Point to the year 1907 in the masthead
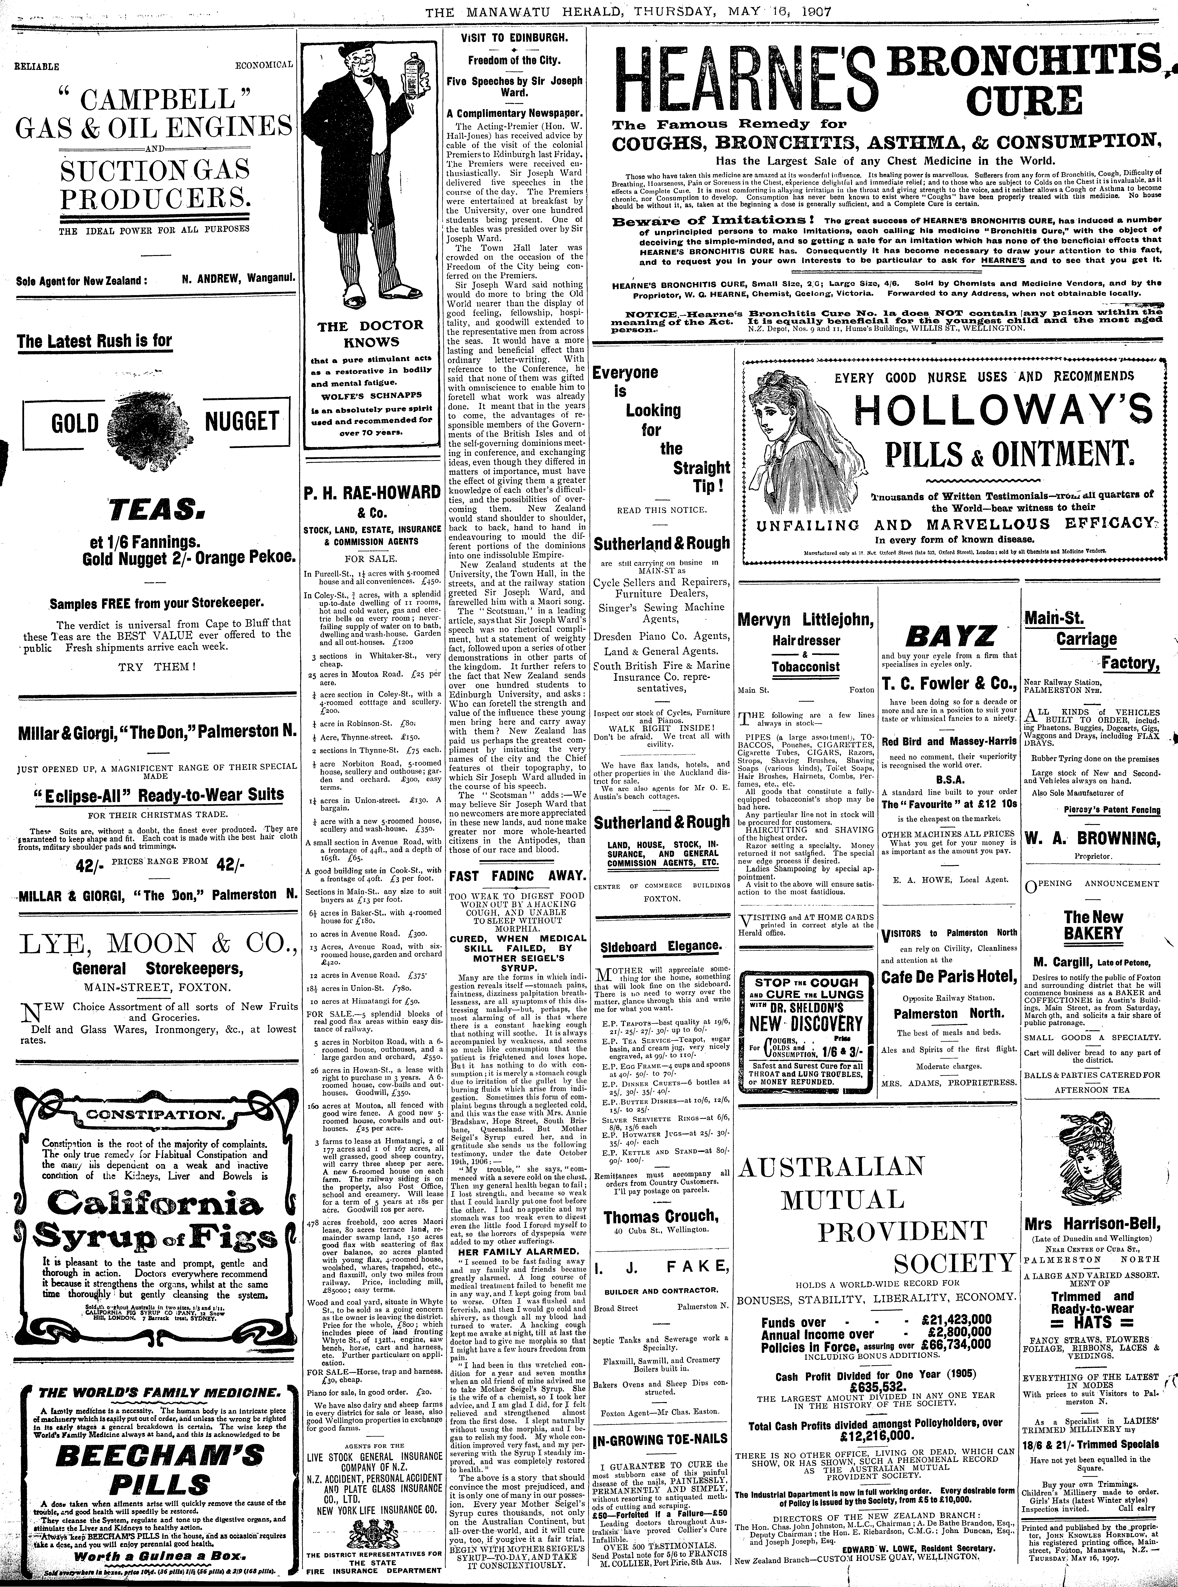(x=814, y=12)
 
